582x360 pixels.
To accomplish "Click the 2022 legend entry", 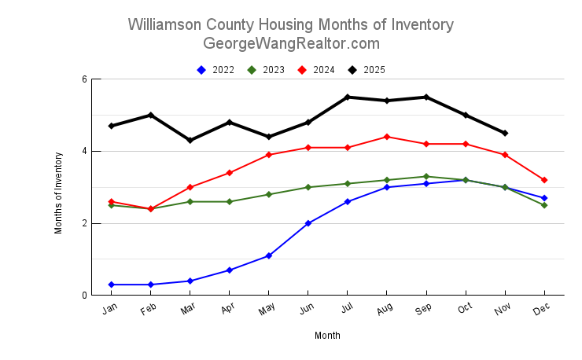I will [x=216, y=70].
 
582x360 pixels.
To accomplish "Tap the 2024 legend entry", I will [x=316, y=70].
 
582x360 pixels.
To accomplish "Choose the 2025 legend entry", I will [x=367, y=70].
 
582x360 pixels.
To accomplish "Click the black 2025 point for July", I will [x=348, y=97].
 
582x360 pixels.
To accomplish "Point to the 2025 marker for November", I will [x=505, y=133].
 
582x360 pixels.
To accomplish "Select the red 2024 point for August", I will [x=387, y=137].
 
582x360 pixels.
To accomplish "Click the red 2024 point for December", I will [x=544, y=180].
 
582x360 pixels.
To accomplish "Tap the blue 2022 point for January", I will [x=112, y=285].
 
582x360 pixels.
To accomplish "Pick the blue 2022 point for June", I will [x=308, y=223].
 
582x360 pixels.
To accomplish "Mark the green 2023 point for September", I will [x=426, y=177].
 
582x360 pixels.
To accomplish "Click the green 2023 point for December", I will [x=544, y=205].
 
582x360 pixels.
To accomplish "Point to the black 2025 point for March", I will [x=190, y=141].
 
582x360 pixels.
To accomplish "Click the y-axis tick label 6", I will [x=84, y=79].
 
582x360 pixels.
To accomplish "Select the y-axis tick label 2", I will [x=84, y=223].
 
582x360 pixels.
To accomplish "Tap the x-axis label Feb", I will [x=149, y=310].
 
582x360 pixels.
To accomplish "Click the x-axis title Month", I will [x=327, y=336].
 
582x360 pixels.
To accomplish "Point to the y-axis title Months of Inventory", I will [x=58, y=187].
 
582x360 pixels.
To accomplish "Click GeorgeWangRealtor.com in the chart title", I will [x=291, y=43].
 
